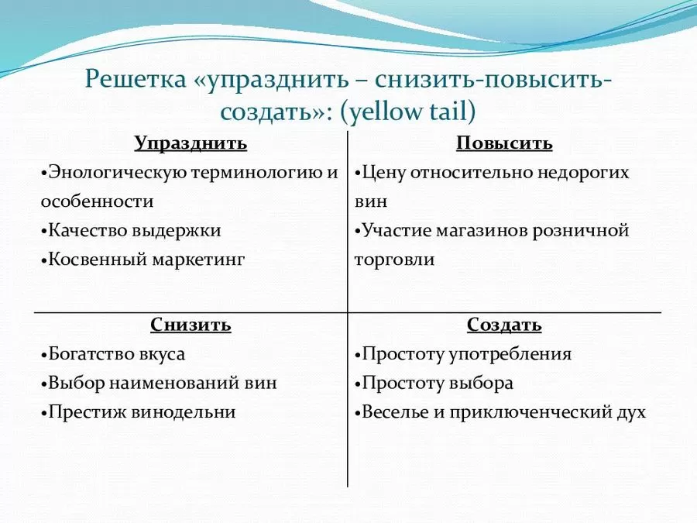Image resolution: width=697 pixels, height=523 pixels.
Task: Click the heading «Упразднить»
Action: [191, 143]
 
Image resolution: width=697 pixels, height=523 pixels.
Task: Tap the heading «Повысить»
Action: [504, 143]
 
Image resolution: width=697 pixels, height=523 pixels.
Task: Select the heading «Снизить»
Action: [191, 325]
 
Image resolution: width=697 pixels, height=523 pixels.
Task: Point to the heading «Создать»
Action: [504, 325]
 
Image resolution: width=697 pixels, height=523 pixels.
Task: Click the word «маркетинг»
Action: [199, 260]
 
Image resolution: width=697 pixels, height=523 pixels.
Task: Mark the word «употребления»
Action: [510, 354]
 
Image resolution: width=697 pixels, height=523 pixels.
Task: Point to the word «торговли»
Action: [394, 260]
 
